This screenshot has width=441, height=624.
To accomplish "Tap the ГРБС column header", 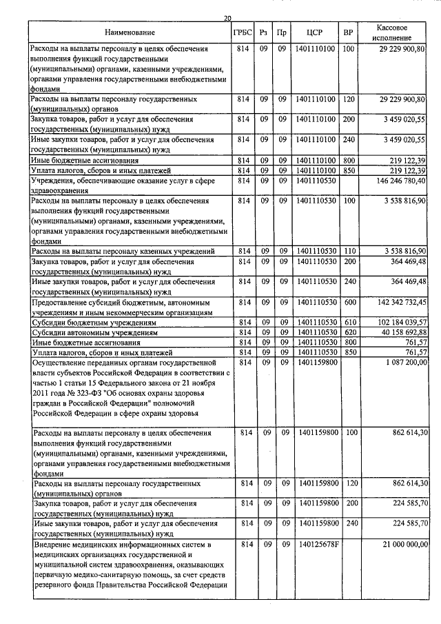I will coord(243,32).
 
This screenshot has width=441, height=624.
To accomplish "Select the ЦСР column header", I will coord(314,32).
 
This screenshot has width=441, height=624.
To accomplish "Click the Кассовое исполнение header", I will coord(394,32).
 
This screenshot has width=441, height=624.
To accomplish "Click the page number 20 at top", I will coord(228,19).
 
